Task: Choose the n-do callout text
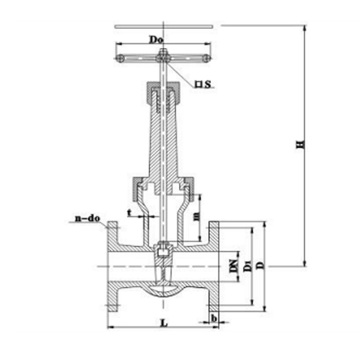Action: (x=88, y=220)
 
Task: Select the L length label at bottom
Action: (x=163, y=322)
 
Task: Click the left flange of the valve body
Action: (x=112, y=267)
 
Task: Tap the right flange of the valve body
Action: (x=214, y=267)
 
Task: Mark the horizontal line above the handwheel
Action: (x=163, y=26)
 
